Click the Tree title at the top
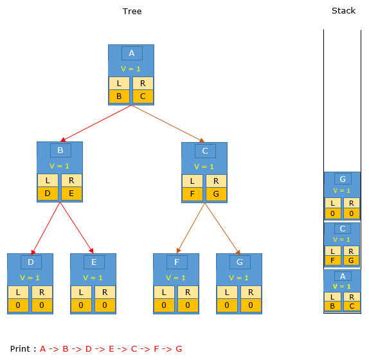coord(132,12)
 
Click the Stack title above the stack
coord(343,10)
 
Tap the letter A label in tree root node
coord(132,53)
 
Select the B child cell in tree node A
coord(119,96)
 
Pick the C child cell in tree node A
coord(143,96)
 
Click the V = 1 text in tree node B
coord(59,166)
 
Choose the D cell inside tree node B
coord(48,194)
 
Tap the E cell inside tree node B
coord(71,194)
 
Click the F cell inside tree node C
coord(192,194)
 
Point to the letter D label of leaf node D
coord(31,262)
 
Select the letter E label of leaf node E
coord(94,262)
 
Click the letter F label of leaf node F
coord(177,262)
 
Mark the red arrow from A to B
coord(96,123)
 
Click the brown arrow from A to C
coord(168,124)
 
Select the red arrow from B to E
coord(77,228)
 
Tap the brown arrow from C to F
coord(191,228)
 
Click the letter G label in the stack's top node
coord(343,179)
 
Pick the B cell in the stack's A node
coord(332,306)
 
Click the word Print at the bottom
coord(20,348)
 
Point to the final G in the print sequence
coord(179,348)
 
